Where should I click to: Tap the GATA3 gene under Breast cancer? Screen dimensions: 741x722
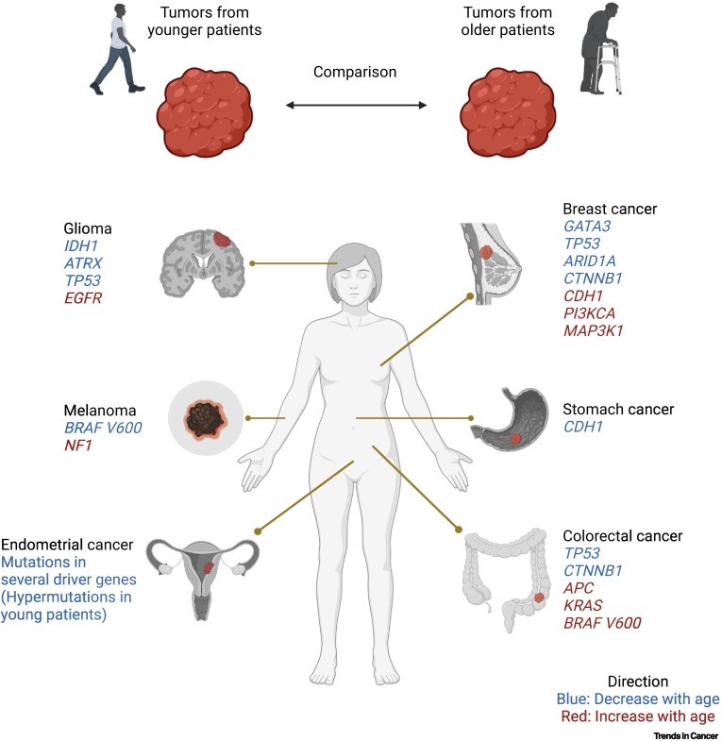tap(587, 227)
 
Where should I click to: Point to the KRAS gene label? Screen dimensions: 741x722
tap(584, 604)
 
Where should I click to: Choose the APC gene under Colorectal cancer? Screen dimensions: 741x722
tap(579, 587)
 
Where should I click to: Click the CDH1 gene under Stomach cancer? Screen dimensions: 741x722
tap(584, 427)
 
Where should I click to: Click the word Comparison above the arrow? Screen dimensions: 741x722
tap(356, 72)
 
